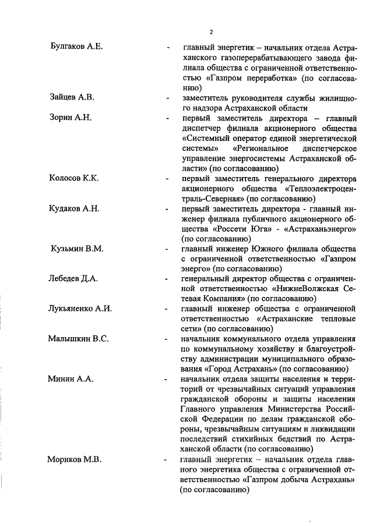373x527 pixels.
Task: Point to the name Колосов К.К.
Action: click(x=74, y=178)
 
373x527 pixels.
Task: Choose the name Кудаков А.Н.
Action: click(x=74, y=208)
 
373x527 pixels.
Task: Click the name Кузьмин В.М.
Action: click(x=77, y=249)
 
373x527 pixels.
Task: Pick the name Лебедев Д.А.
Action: click(x=73, y=278)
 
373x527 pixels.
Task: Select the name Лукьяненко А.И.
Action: click(x=80, y=309)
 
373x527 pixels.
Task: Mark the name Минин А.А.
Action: click(x=70, y=379)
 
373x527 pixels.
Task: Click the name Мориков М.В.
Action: click(x=74, y=459)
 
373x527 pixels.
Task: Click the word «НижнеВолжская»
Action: click(x=304, y=289)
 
